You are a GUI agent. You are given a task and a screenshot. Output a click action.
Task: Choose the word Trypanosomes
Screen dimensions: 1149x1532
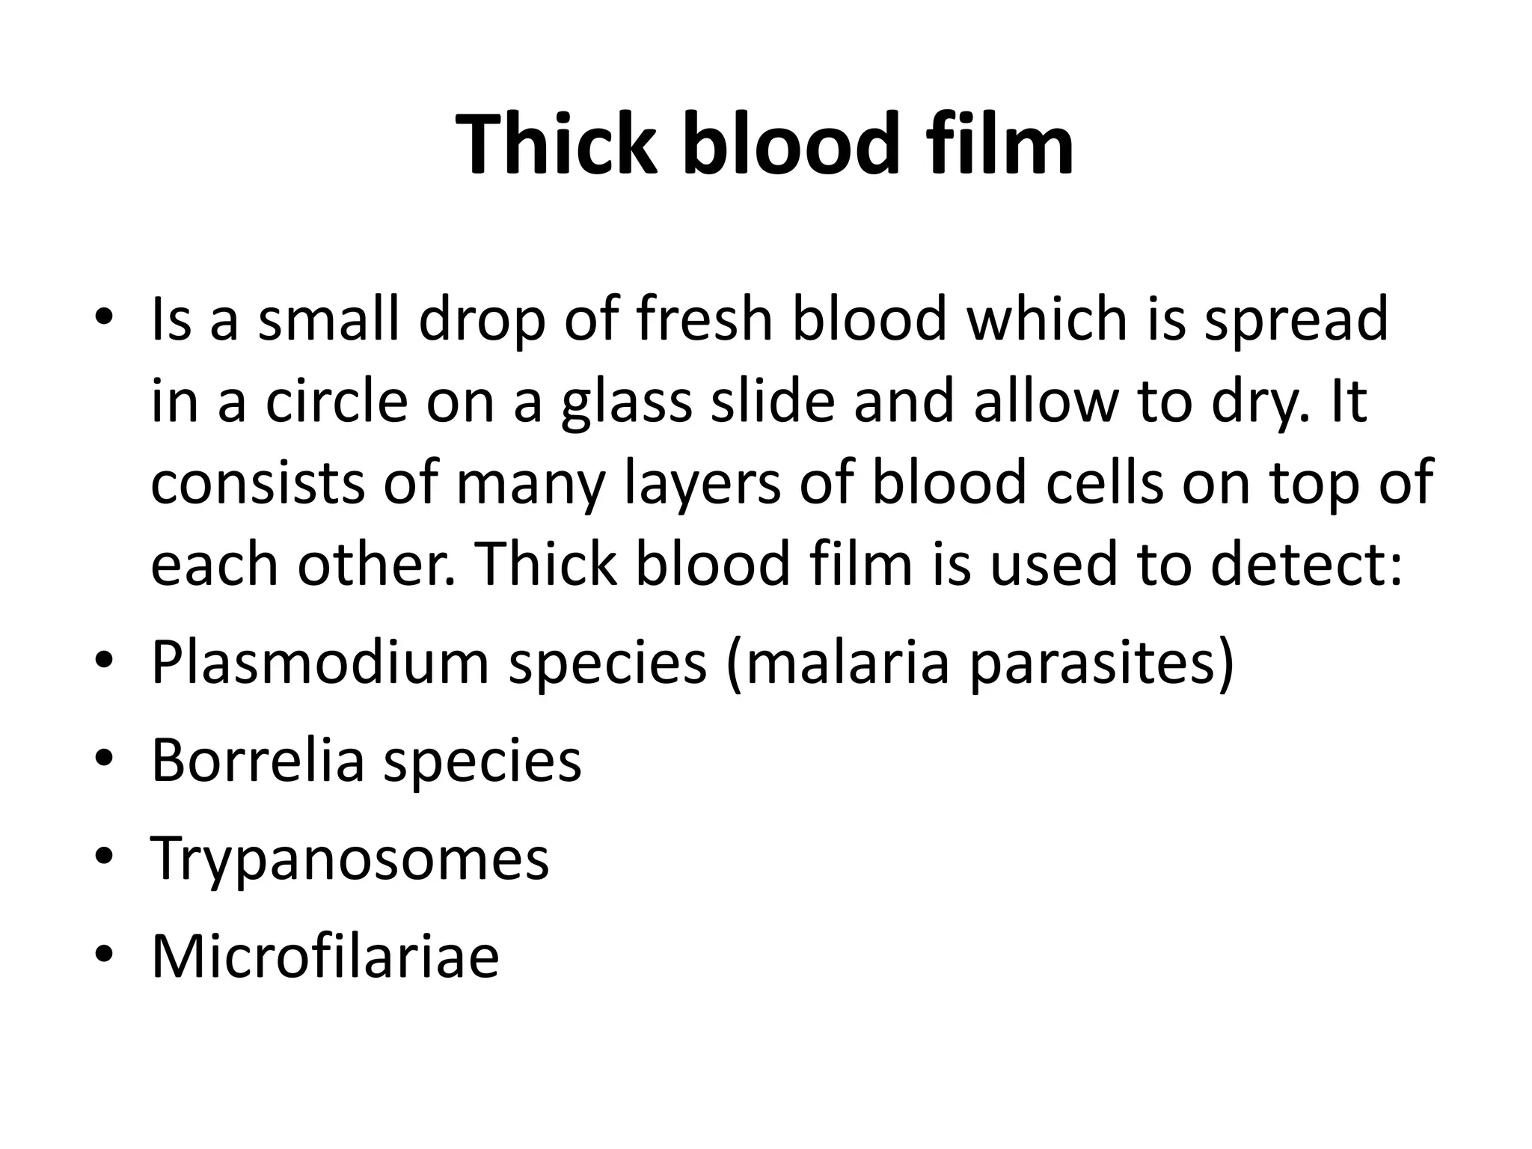pyautogui.click(x=350, y=858)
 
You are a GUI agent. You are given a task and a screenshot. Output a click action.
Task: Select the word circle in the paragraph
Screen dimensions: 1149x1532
pyautogui.click(x=337, y=402)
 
